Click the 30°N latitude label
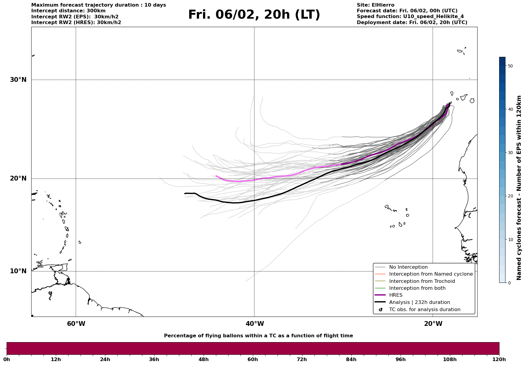tap(18, 80)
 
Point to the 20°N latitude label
tap(18, 178)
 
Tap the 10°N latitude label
tap(18, 271)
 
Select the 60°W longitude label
tap(76, 324)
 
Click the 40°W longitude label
tap(255, 324)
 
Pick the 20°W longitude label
tap(433, 324)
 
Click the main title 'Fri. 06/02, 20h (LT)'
tap(254, 15)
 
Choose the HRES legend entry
tap(396, 295)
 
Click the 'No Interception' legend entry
tap(408, 267)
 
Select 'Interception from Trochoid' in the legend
tap(422, 281)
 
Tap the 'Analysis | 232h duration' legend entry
tap(419, 302)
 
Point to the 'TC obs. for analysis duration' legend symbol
tap(381, 310)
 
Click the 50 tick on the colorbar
tap(510, 66)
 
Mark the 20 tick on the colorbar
tap(510, 196)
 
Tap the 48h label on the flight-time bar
tap(203, 359)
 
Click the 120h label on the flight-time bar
tap(499, 359)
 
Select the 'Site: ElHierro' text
tap(375, 5)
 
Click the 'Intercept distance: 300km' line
tap(68, 11)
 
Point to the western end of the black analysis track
tap(185, 193)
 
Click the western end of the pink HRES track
tap(216, 176)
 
